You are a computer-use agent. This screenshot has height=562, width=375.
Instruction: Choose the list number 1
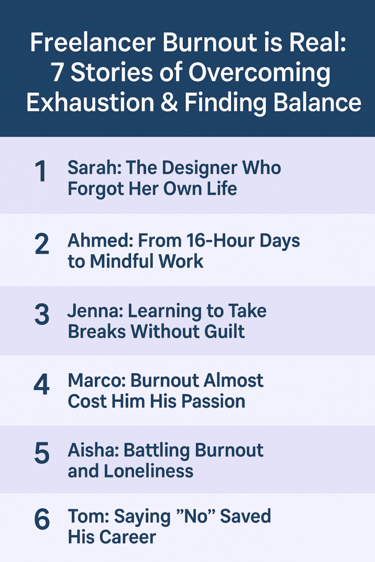tap(41, 172)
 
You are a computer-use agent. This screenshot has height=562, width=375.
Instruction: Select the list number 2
tap(42, 245)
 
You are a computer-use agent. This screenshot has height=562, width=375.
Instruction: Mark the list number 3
tap(42, 315)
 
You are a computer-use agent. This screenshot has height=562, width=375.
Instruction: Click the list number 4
tap(42, 385)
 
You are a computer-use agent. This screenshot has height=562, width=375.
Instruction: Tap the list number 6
tap(42, 520)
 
